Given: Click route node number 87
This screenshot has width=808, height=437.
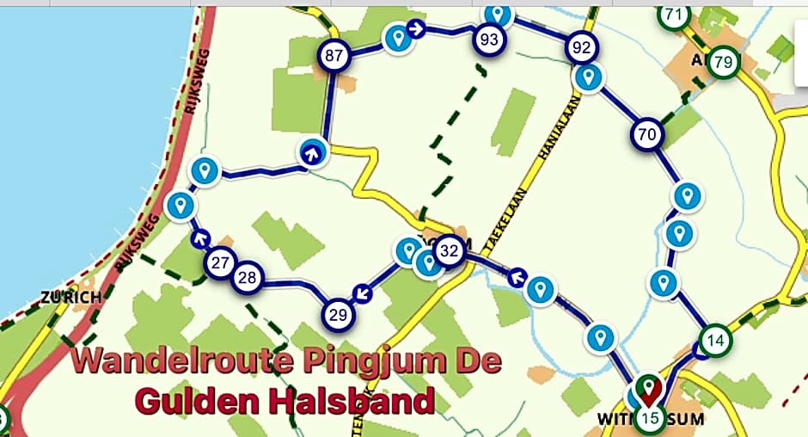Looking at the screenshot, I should (334, 57).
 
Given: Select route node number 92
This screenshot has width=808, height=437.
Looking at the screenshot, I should (582, 48).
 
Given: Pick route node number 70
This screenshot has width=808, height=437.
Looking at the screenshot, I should (648, 134).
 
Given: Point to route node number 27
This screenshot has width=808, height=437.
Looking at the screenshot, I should (221, 262).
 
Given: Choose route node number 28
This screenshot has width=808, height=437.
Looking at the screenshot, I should (248, 277).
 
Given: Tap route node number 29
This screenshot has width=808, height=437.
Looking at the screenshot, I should (339, 315).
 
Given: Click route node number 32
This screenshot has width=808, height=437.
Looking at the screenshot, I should (448, 251).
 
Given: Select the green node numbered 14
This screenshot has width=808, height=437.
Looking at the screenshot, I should (714, 341).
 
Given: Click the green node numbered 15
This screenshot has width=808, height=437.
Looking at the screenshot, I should (651, 420).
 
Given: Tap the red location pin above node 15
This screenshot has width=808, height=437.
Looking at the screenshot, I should (650, 390).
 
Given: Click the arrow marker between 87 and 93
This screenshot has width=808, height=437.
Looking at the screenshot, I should (417, 29).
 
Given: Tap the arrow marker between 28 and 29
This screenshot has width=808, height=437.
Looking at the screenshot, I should (364, 294).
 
